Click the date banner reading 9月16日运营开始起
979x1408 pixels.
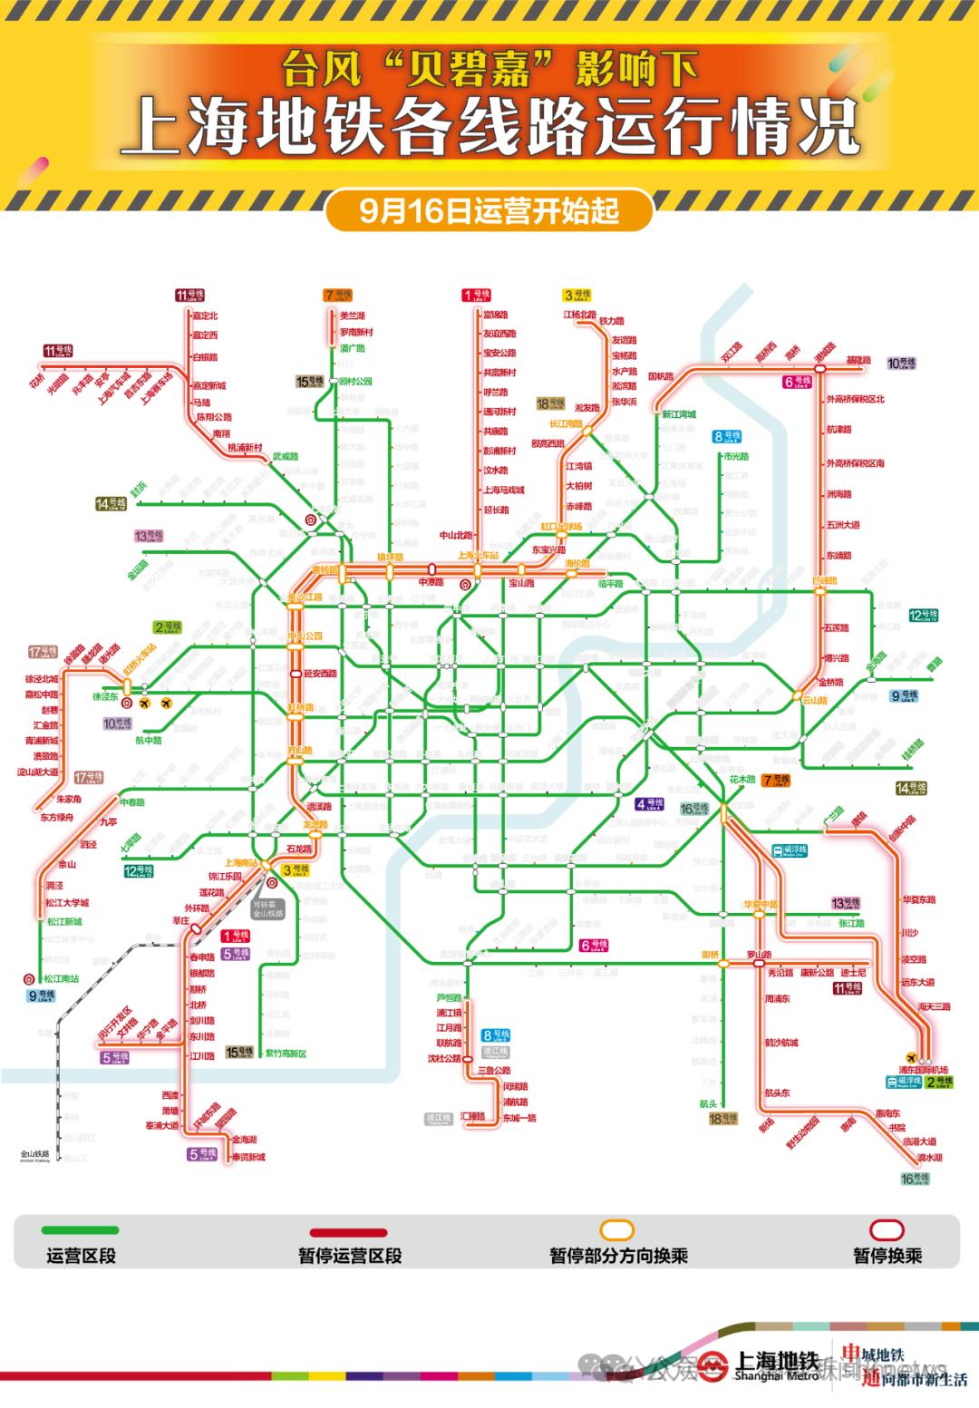pos(489,210)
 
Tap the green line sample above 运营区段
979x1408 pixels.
pos(79,1229)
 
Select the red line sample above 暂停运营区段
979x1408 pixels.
pos(349,1232)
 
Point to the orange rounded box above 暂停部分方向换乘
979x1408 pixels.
pos(618,1229)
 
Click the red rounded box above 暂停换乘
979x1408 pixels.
pos(887,1229)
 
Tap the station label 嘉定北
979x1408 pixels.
pos(205,316)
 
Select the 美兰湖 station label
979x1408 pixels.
pos(352,316)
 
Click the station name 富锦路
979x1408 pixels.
pos(496,315)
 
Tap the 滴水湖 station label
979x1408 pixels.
pos(929,1158)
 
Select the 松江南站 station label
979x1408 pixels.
pos(62,979)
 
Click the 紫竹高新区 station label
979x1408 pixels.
pos(285,1054)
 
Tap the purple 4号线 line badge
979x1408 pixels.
pos(648,803)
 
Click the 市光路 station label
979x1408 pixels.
pos(736,457)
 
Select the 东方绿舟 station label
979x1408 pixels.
pos(56,817)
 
